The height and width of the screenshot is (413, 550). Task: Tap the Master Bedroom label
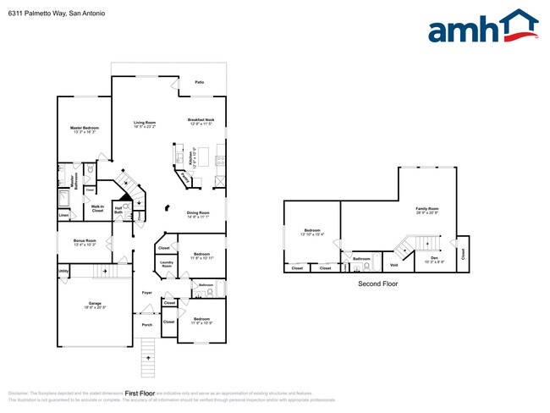85,128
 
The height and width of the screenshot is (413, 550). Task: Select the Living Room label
144,124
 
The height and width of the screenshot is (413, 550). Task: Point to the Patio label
200,82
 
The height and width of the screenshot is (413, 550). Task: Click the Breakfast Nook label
201,120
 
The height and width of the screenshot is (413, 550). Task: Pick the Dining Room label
197,212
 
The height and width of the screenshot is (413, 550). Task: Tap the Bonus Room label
85,240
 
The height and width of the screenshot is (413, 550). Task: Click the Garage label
95,303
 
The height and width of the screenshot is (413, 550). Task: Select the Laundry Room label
167,265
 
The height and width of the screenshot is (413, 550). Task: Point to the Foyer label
146,293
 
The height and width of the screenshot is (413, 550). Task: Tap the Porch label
146,324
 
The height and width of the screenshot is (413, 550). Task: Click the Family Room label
426,208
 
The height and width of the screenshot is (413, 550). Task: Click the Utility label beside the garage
63,271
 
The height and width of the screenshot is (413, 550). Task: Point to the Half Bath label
119,210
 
